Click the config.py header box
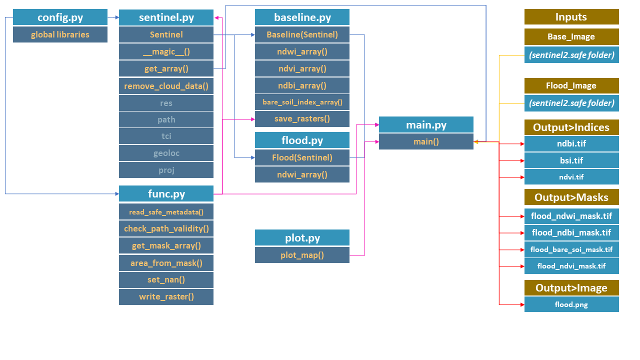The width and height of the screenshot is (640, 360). [60, 17]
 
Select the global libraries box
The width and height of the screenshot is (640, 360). [60, 34]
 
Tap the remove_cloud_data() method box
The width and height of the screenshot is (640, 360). [166, 85]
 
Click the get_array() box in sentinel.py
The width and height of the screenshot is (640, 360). [166, 68]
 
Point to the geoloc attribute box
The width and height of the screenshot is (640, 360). [166, 153]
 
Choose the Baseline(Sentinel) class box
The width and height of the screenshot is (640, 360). [302, 34]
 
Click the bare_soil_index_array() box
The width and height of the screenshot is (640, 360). [302, 102]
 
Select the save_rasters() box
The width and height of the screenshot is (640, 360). [302, 118]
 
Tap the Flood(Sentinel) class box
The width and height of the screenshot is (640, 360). [302, 158]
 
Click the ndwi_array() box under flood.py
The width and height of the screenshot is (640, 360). [302, 174]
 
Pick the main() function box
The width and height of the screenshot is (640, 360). [426, 141]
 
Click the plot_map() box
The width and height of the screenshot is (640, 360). [302, 255]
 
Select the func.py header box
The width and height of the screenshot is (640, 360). [166, 194]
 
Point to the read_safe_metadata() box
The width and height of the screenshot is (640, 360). [166, 211]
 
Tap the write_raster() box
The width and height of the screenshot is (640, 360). [166, 296]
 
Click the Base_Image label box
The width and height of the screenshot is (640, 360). [571, 36]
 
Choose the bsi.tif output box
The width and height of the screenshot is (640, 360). [571, 160]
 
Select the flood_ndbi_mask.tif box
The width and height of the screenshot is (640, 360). [571, 232]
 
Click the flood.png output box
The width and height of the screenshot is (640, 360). [571, 304]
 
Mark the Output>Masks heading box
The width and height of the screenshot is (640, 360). [571, 197]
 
